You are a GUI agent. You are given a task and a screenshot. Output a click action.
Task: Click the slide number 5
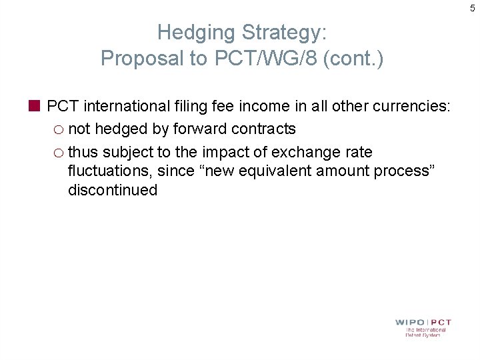tap(473, 8)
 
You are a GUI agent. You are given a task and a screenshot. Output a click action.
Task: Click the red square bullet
tap(35, 105)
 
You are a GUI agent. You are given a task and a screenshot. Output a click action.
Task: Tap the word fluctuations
tap(110, 171)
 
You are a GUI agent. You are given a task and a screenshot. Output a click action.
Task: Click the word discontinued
tap(113, 190)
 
